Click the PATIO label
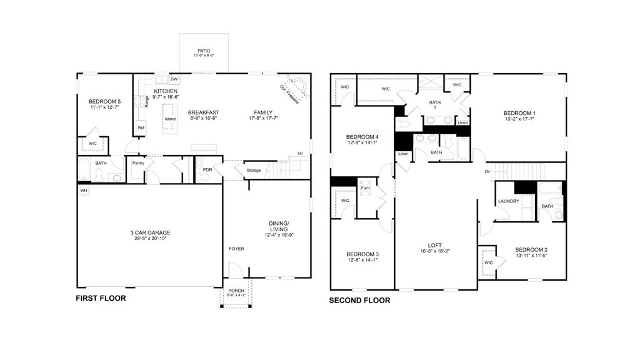coord(204,51)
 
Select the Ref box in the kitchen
coord(141,128)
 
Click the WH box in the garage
coord(83,190)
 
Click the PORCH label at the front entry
coord(236,291)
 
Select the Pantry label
coord(138,163)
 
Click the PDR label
coord(207,162)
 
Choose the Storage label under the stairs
coord(254,170)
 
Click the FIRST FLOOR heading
coord(101,298)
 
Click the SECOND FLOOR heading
coord(359,300)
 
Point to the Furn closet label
coord(366,188)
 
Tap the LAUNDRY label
coord(509,201)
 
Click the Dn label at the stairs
coord(487,172)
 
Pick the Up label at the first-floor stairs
coord(300,153)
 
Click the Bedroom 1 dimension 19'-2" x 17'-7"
coord(519,119)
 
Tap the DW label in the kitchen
coord(174,79)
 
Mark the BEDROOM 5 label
coord(104,101)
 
